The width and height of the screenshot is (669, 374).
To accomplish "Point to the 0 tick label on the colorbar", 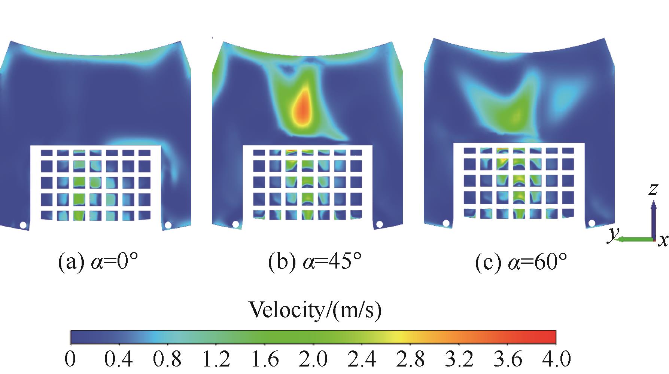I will pos(70,360).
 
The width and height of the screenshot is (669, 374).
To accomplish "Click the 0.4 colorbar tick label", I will pos(118,360).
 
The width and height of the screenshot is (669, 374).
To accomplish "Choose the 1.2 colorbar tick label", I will pos(216,360).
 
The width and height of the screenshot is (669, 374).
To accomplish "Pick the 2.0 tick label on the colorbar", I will pos(313,360).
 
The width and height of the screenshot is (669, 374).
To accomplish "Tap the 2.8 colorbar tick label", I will pos(411,360).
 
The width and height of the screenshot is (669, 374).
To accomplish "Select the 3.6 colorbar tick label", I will pos(508,360).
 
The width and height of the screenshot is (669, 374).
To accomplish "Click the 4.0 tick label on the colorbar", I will pos(556,360).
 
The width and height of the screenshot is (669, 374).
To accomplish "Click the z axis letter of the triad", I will pos(653,190).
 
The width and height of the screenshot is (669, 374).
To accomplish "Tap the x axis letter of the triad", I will pos(663,240).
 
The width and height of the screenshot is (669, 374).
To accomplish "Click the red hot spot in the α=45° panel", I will pos(302,108).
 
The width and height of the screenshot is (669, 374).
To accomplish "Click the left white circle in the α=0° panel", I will pos(23,225).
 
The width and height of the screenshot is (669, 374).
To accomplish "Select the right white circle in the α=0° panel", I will pos(168,225).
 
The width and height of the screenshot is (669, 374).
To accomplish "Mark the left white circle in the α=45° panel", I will pos(235,224).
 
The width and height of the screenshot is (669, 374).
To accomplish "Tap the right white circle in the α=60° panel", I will pos(592,223).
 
